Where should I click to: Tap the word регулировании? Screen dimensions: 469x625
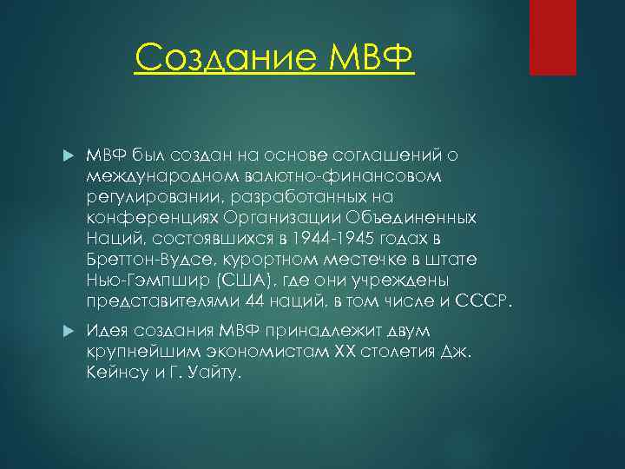(152, 197)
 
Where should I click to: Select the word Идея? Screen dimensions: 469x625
(108, 332)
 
